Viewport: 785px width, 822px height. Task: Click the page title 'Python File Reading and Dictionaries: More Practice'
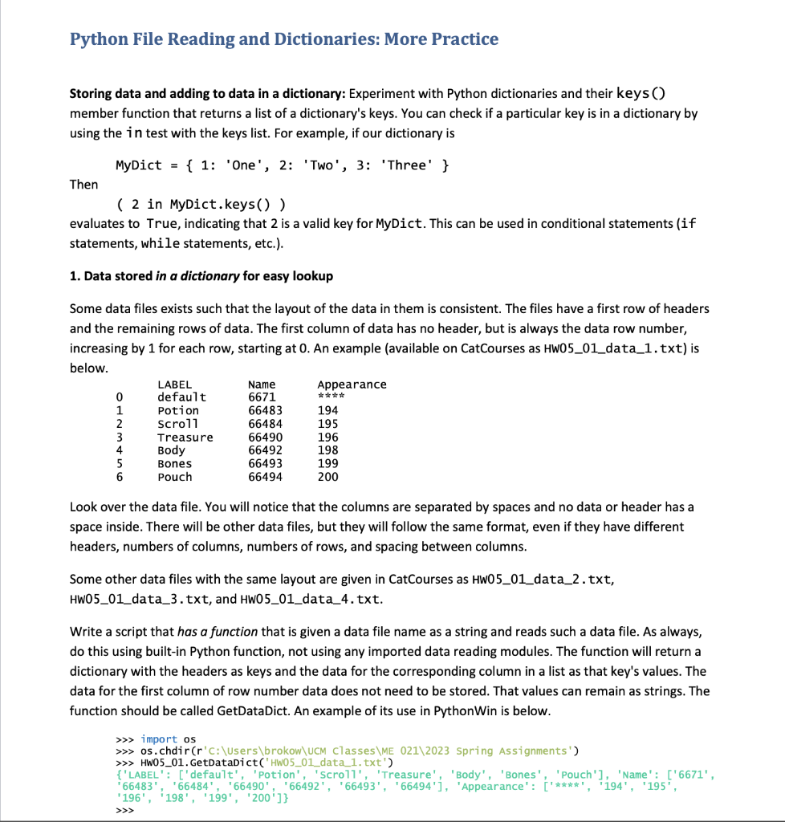point(284,39)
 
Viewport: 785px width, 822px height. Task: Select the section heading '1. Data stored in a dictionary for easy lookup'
point(201,276)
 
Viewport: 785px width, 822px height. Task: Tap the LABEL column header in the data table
point(174,385)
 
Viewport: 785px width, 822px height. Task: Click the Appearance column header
point(352,385)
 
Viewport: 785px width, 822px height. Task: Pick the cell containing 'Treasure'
point(185,437)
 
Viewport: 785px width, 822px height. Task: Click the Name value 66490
point(265,437)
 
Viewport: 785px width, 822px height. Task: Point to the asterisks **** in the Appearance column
point(331,397)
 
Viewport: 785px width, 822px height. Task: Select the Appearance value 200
point(327,477)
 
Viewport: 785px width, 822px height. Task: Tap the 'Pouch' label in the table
point(174,477)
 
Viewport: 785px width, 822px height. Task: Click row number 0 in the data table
point(119,397)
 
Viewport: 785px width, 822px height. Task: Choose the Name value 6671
point(262,397)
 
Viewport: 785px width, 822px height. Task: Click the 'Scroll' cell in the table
point(177,424)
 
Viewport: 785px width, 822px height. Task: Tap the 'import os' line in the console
point(168,739)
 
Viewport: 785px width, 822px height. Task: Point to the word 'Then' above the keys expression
point(84,185)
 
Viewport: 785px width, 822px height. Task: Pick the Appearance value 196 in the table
point(327,437)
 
